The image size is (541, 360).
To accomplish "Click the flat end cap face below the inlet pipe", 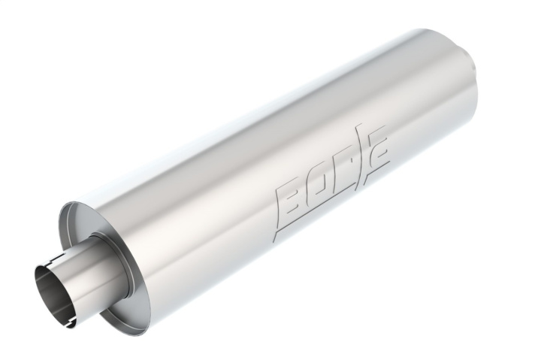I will [113, 293].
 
